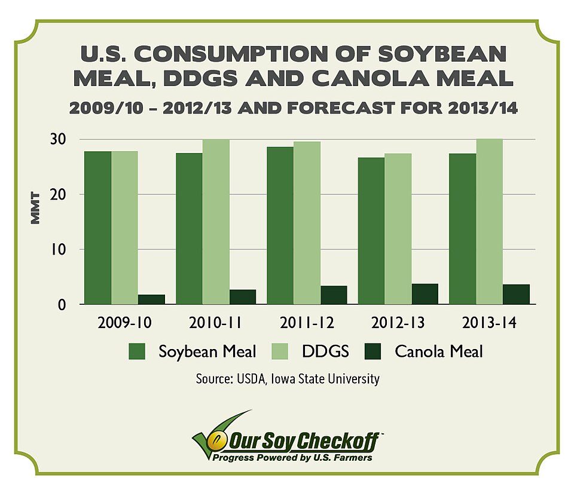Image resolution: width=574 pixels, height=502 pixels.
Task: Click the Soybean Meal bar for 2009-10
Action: (97, 228)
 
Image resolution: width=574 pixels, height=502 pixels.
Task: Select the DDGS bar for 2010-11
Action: (215, 222)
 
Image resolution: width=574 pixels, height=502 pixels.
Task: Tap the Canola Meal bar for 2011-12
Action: (333, 295)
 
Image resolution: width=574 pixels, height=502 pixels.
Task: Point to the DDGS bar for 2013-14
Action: (489, 222)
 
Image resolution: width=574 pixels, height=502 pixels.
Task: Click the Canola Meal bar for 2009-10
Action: (151, 299)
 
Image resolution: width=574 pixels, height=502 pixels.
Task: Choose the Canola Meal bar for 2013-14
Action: (516, 295)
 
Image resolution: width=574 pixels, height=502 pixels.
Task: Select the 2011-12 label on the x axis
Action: (307, 323)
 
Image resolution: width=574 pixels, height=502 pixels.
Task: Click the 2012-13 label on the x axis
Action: (398, 323)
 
